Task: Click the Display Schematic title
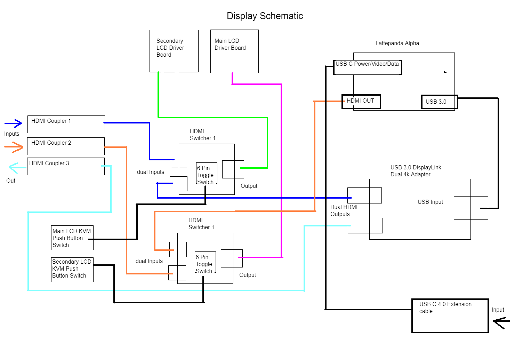click(x=265, y=16)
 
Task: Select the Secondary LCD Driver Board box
click(x=174, y=51)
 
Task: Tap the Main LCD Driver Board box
click(x=234, y=51)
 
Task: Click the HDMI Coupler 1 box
click(x=66, y=124)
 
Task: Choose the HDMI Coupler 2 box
click(x=66, y=146)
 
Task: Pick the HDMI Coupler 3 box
click(x=66, y=166)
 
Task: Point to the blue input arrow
click(x=14, y=123)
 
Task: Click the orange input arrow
click(x=14, y=147)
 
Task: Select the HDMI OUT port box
click(x=361, y=102)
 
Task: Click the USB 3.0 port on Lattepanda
click(x=439, y=102)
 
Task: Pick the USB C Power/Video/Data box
click(x=368, y=67)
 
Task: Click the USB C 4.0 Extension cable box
click(x=450, y=315)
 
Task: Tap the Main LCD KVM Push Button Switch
click(x=72, y=238)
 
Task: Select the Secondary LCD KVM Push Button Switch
click(x=72, y=269)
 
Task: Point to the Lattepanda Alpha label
click(x=397, y=43)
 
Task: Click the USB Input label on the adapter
click(x=430, y=202)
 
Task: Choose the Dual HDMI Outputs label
click(x=344, y=210)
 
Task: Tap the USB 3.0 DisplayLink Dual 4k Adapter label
click(x=416, y=171)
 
